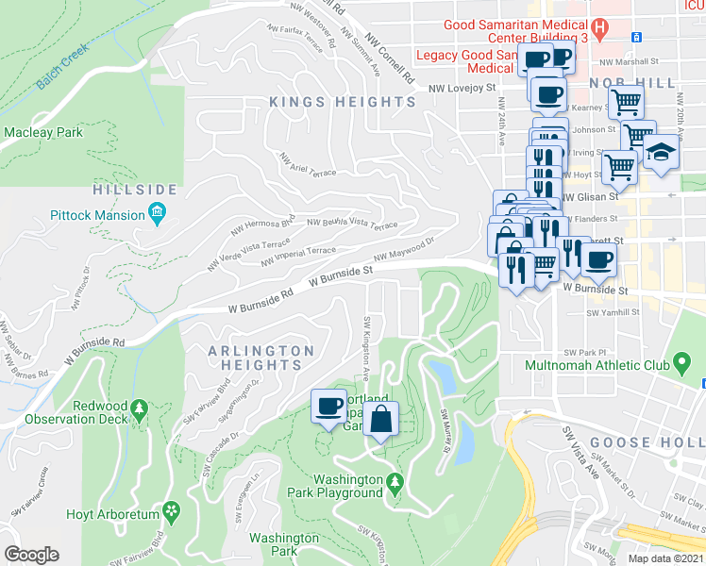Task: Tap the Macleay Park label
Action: tap(42, 132)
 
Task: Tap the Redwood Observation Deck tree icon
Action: tap(140, 409)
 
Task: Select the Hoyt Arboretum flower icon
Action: tap(172, 513)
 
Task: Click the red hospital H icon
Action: tap(598, 28)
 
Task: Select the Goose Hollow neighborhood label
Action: tap(647, 442)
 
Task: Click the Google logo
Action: tap(31, 555)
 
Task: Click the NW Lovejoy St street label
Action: tap(462, 88)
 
